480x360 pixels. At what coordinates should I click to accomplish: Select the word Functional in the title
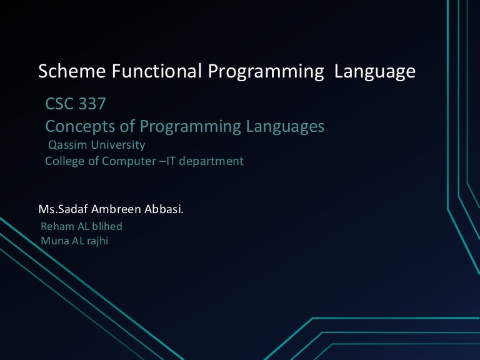coord(156,72)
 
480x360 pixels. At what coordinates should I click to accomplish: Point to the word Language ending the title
coord(375,72)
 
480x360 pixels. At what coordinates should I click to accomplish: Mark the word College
coord(64,161)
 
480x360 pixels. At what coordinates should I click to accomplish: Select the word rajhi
coord(96,241)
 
